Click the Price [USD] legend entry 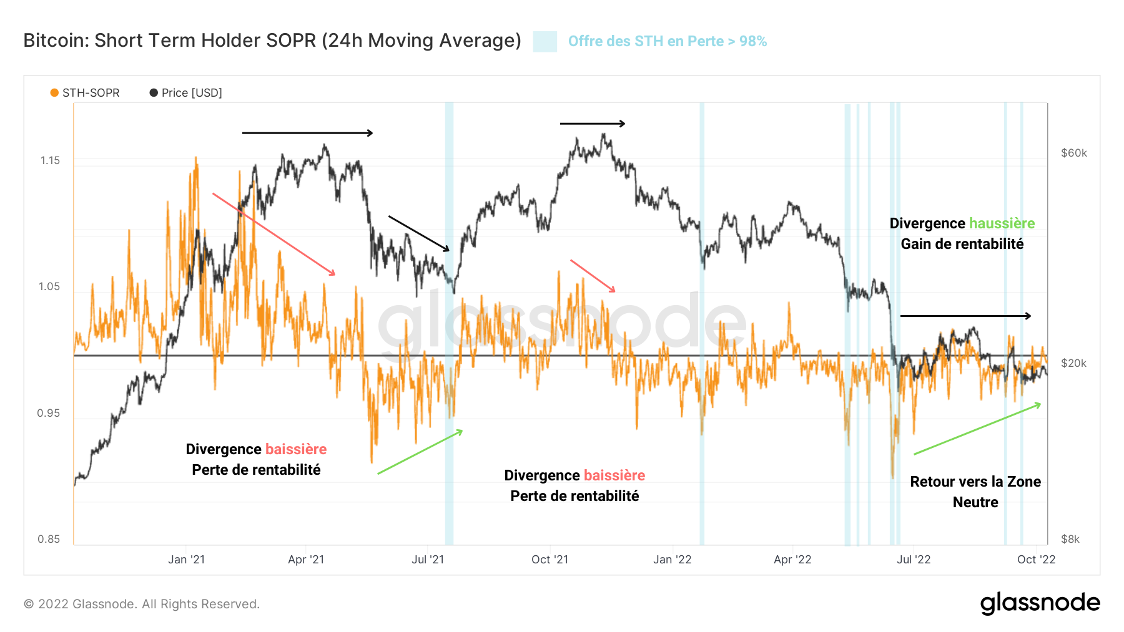tap(186, 93)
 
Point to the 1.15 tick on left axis tap(50, 160)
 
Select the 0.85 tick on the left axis tap(49, 539)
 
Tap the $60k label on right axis tap(1073, 153)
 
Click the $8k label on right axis tap(1070, 539)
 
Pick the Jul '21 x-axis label tap(428, 560)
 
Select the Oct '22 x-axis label tap(1036, 560)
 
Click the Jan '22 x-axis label tap(672, 560)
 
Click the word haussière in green tap(1002, 223)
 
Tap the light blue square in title tap(545, 42)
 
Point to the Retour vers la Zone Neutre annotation tap(975, 492)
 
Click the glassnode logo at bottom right tap(1040, 603)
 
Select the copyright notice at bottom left tap(142, 604)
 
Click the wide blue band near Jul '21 tap(449, 324)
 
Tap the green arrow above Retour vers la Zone tap(977, 429)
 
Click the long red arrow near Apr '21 tap(274, 234)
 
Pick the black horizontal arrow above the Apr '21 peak tap(307, 133)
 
